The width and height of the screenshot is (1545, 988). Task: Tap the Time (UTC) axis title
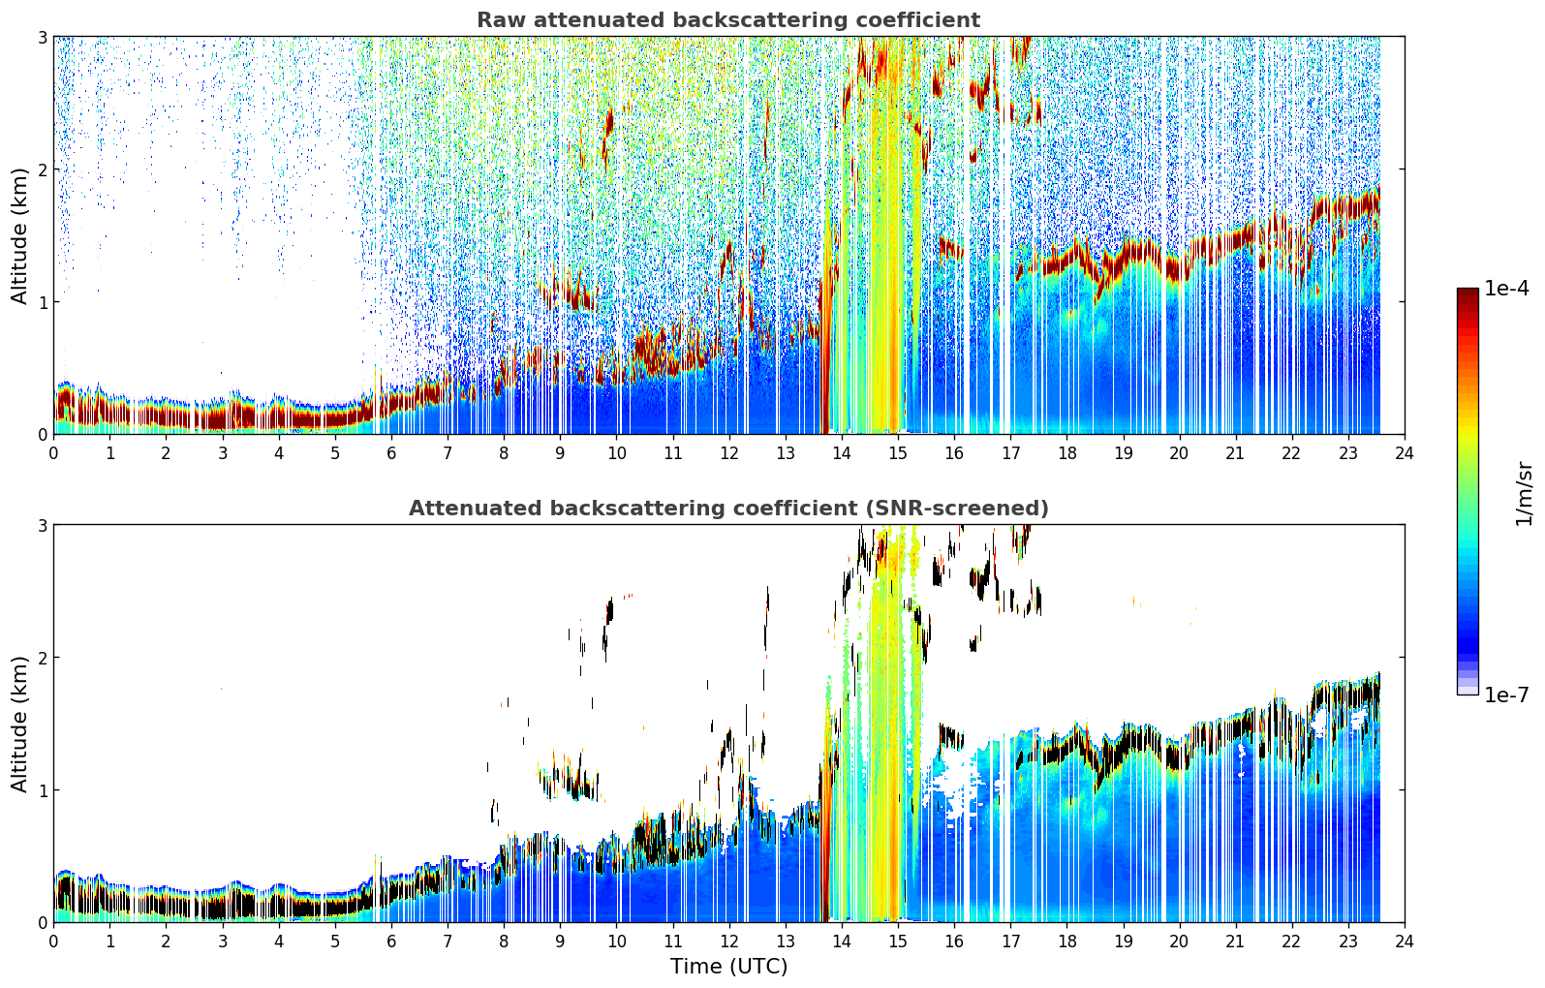click(x=729, y=967)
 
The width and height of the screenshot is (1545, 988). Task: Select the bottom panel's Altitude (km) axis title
click(x=19, y=725)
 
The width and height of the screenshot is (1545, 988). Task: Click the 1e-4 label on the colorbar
click(x=1506, y=289)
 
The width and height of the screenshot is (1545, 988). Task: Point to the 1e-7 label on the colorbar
click(x=1506, y=695)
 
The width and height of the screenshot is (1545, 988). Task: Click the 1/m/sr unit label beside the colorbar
click(x=1524, y=495)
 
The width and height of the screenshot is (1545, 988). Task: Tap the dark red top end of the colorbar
click(x=1468, y=292)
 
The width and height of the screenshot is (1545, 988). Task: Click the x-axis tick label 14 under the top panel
click(x=842, y=453)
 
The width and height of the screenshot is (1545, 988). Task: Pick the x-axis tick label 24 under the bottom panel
click(x=1405, y=942)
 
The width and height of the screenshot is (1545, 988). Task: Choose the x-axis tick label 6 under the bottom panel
click(x=391, y=942)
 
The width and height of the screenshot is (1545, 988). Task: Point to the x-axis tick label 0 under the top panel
click(x=54, y=453)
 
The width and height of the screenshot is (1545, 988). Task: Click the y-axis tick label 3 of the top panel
click(x=42, y=37)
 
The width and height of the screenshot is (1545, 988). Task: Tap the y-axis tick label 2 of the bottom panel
click(x=42, y=658)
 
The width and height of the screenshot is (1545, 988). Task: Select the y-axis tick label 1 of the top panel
click(x=42, y=302)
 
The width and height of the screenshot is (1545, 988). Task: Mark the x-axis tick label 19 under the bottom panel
click(x=1123, y=942)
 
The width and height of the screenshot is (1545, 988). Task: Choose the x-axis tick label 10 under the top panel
click(x=617, y=453)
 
